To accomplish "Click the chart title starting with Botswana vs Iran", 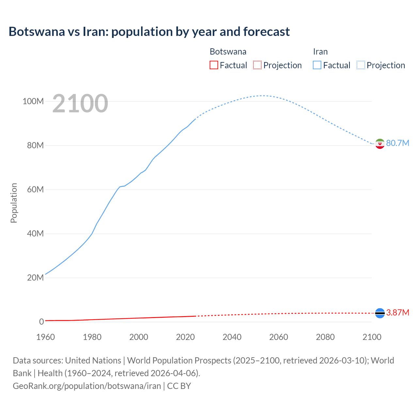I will point(149,32).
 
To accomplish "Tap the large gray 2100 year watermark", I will point(80,104).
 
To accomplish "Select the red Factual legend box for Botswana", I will point(214,65).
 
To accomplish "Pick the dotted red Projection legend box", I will point(257,65).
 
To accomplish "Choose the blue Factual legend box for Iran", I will point(317,65).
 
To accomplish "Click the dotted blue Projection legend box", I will point(361,65).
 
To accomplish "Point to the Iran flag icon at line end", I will point(380,144).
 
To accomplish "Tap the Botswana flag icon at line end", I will point(380,313).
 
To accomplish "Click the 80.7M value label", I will point(397,143).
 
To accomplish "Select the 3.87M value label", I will point(397,313).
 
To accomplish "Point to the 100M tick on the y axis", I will point(33,102).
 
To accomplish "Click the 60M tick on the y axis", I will point(35,190).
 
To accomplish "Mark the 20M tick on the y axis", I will point(35,278).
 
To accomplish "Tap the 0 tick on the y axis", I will point(41,322).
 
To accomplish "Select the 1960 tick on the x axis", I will point(45,337).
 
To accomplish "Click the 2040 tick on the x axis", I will point(232,337).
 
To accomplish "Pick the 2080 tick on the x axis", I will point(325,337).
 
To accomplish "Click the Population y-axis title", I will point(14,203).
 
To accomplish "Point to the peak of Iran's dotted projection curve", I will point(263,96).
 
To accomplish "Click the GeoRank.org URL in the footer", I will point(87,386).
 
